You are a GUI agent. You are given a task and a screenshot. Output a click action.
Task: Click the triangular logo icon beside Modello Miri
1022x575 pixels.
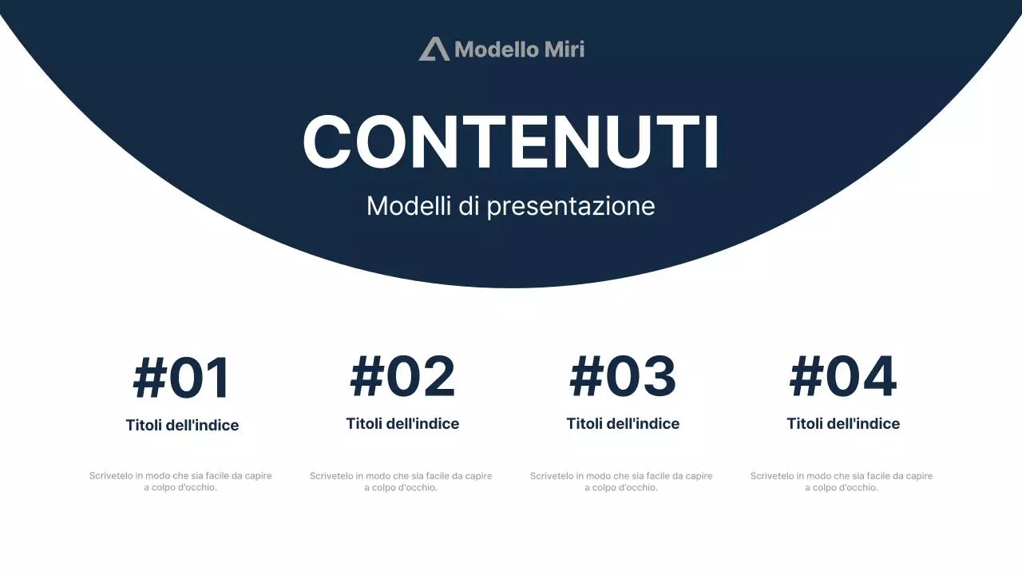[x=434, y=50]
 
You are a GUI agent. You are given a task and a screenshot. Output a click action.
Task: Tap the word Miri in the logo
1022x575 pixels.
[x=564, y=50]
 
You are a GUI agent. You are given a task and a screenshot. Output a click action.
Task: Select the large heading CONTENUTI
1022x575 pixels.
[x=511, y=143]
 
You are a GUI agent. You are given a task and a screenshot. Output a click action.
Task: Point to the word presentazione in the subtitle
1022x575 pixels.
[x=571, y=206]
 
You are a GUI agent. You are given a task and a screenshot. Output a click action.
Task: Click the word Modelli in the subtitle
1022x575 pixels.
[x=409, y=206]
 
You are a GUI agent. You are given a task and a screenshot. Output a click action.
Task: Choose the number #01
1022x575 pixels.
[x=182, y=378]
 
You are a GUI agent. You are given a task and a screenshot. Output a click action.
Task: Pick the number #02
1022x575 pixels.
[x=402, y=376]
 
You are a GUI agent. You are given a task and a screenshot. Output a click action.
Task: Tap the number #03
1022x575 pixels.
[x=623, y=376]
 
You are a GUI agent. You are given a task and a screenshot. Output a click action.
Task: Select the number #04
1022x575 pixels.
[x=843, y=376]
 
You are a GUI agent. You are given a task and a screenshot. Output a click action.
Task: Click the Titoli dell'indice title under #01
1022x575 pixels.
[x=182, y=426]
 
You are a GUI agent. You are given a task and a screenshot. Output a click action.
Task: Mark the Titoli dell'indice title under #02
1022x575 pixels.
[x=402, y=424]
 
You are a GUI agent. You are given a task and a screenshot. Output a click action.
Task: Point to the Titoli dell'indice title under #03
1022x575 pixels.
[x=623, y=424]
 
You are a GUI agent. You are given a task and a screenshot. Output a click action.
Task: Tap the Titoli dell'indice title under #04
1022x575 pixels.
[x=843, y=424]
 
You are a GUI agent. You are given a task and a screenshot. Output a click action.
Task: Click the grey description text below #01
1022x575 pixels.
[x=180, y=482]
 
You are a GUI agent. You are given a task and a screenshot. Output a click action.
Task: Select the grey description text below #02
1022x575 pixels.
[x=401, y=482]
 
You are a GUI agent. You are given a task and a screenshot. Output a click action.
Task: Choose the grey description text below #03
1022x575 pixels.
[x=621, y=482]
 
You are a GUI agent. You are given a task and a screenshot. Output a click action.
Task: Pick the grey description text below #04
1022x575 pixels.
[x=842, y=482]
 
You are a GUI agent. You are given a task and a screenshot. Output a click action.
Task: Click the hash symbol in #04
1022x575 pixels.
[x=806, y=377]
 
